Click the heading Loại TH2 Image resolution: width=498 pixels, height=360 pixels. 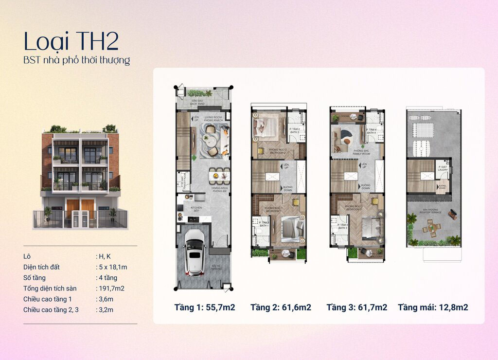[x=71, y=41]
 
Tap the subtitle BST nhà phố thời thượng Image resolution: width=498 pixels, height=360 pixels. [x=76, y=60]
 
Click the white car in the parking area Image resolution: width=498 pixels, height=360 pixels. [x=195, y=252]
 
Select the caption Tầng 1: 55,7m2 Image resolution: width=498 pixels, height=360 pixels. [x=204, y=307]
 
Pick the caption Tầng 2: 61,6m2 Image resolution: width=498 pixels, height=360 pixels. [x=281, y=307]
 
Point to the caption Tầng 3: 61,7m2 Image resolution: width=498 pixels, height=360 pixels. [x=356, y=307]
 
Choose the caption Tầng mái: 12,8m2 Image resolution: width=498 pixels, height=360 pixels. [x=433, y=307]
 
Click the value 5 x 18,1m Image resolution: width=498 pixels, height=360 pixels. [x=111, y=267]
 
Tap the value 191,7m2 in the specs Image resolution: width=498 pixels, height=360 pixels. [x=110, y=288]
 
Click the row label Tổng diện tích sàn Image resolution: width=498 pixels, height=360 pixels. [x=50, y=288]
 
